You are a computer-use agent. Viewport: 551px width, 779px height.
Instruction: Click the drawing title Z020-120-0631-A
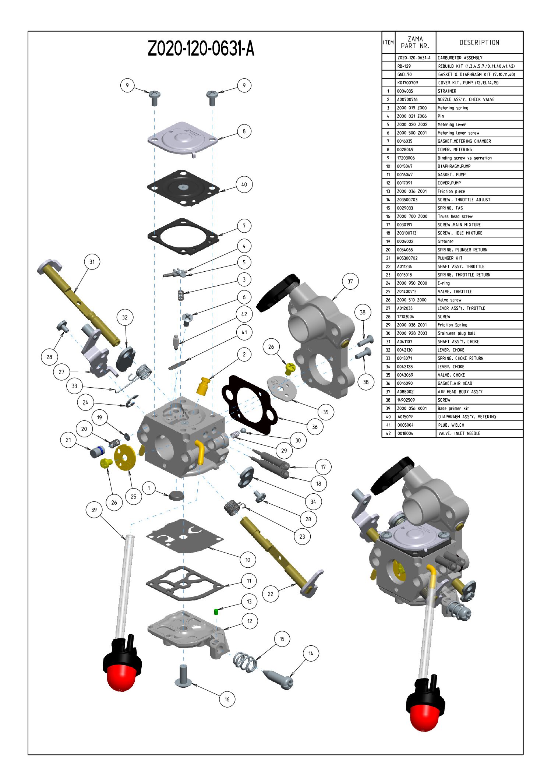201,49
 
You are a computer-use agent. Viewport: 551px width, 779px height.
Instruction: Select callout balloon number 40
244,184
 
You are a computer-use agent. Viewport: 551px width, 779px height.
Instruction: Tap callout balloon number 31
92,262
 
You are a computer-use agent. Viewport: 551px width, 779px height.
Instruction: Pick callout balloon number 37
350,281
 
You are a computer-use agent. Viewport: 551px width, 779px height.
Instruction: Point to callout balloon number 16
227,699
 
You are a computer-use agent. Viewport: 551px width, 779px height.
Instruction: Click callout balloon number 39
94,510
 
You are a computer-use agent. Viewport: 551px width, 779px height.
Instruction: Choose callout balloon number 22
271,594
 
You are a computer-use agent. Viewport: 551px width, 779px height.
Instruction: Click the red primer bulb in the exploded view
121,677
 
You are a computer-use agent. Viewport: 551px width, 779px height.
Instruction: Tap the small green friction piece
216,611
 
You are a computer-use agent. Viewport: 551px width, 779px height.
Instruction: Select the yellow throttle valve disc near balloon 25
124,457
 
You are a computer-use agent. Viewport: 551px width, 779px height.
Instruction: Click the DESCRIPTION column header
479,43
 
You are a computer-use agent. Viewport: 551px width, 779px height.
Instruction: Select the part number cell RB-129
404,66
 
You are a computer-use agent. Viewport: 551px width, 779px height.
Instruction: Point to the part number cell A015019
405,417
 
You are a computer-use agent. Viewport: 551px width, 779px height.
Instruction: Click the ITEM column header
388,43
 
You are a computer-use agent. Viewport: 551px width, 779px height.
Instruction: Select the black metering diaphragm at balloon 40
183,187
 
